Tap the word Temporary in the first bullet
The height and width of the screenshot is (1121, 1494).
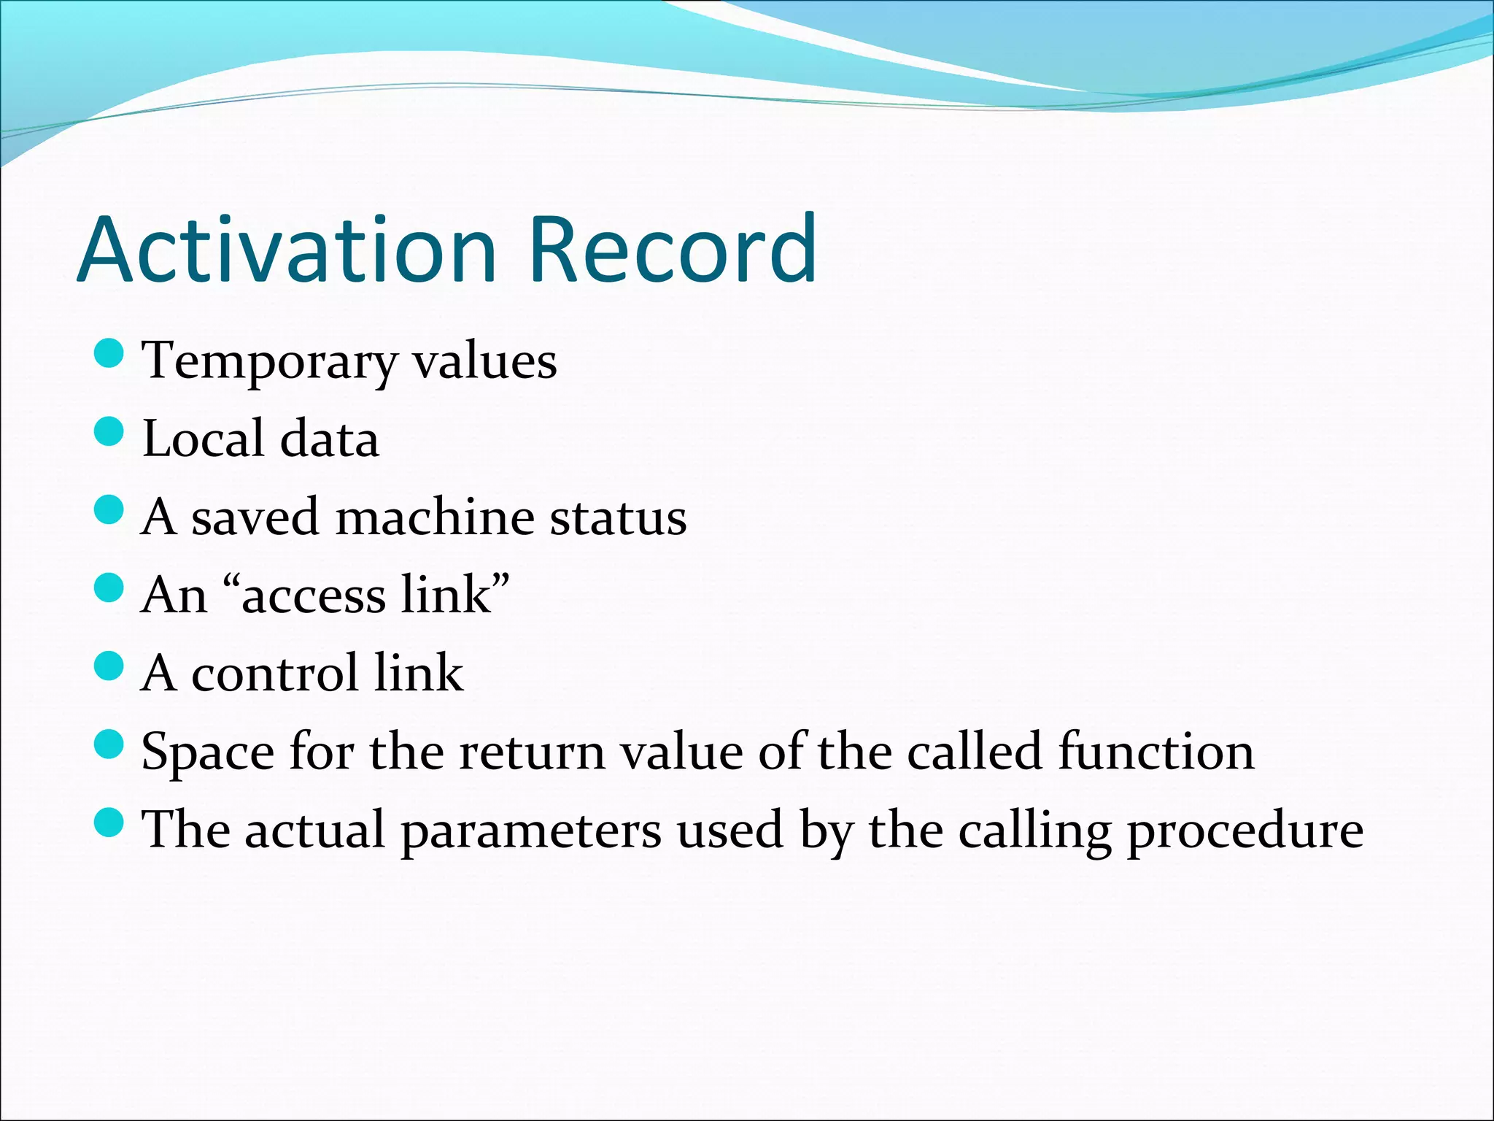[x=269, y=362]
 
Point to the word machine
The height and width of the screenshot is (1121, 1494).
[x=435, y=517]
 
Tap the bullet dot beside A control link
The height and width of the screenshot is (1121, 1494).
[x=109, y=666]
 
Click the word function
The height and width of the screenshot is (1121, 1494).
[x=1156, y=752]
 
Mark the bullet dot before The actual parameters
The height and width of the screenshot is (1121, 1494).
[x=109, y=823]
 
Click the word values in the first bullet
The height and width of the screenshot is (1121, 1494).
[x=484, y=362]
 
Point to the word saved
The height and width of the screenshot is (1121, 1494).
[x=255, y=517]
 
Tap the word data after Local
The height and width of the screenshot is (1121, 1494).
[x=329, y=439]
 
